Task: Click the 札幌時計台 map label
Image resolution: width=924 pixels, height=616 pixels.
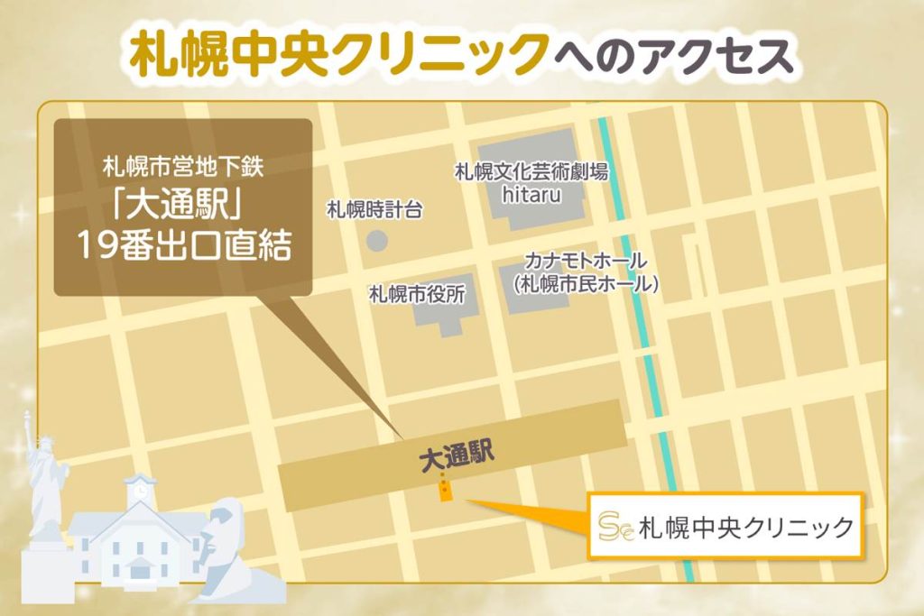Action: coord(374,210)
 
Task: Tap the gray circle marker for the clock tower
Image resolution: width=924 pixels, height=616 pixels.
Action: coord(377,241)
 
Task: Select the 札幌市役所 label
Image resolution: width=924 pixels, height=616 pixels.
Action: coord(417,295)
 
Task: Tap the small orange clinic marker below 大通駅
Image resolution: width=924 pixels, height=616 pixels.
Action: coord(445,492)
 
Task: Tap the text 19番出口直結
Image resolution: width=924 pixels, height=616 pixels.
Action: coord(183,246)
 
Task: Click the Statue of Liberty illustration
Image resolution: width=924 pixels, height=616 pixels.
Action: coord(44,478)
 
